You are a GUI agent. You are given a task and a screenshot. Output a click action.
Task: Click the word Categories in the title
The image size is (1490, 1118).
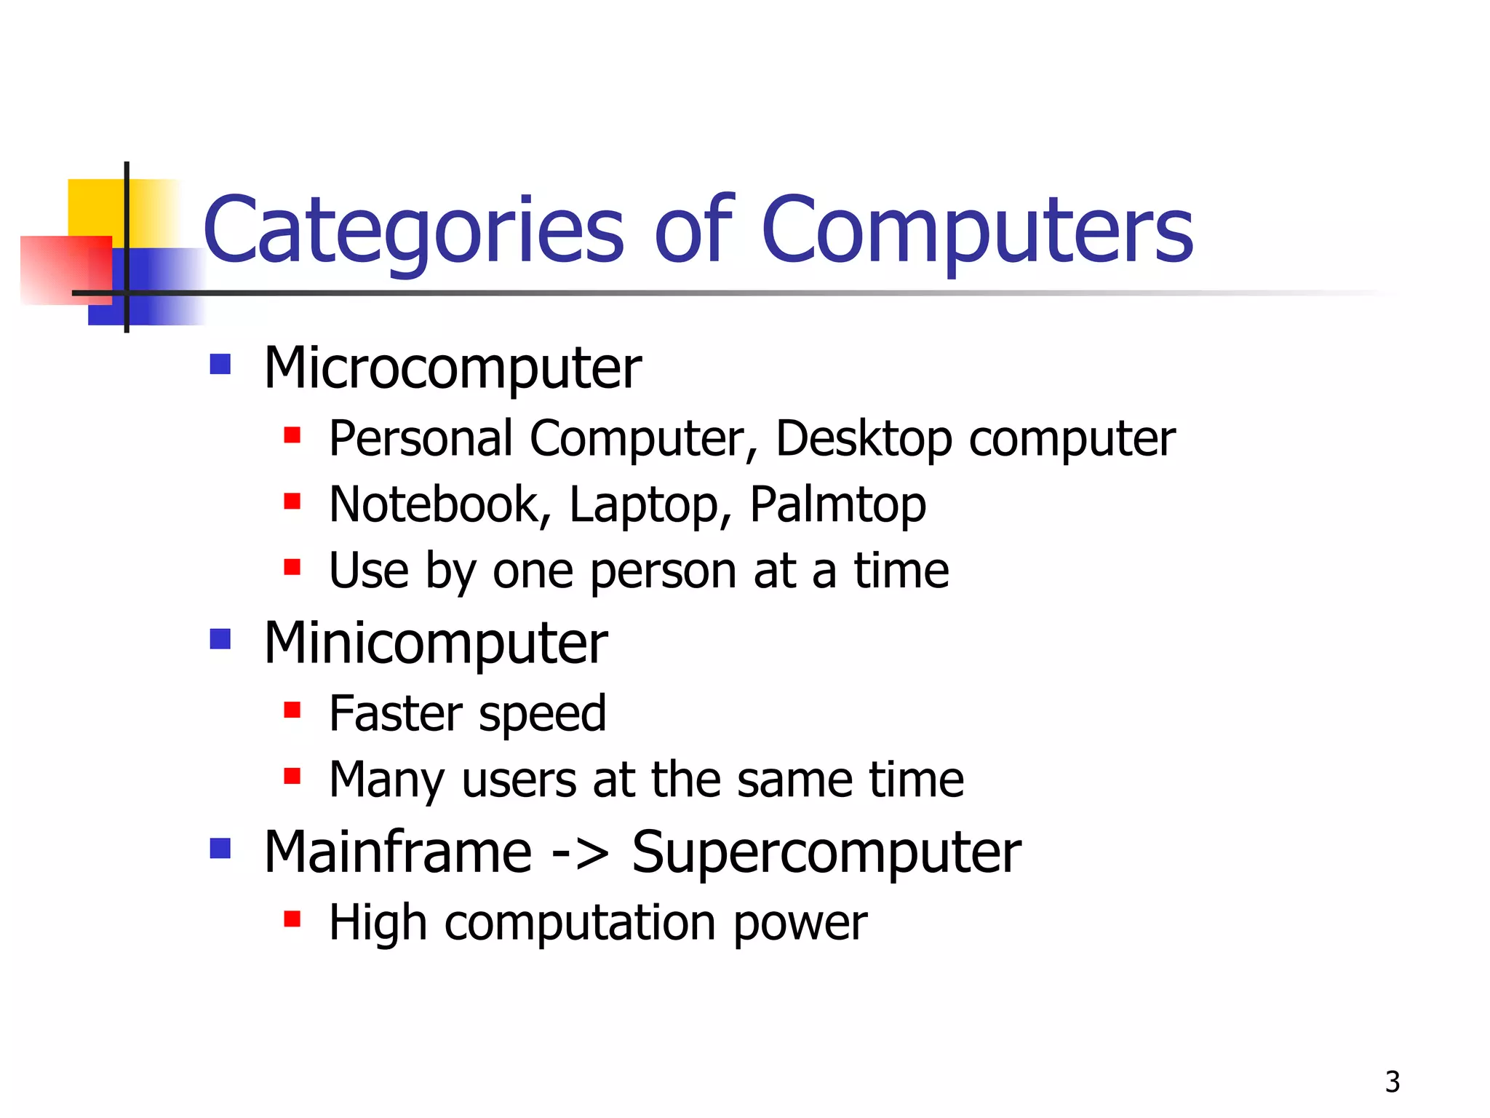click(x=413, y=231)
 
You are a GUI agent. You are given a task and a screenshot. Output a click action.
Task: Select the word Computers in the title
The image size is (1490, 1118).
click(x=976, y=231)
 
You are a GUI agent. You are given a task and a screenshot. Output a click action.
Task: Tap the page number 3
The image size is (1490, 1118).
click(x=1392, y=1082)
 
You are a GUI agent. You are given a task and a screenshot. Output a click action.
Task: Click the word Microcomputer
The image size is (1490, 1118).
click(x=453, y=368)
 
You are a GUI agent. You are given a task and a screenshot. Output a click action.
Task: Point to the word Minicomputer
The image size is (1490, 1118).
click(x=435, y=644)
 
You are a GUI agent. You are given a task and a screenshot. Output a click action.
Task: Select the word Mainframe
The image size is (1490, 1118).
click(x=397, y=852)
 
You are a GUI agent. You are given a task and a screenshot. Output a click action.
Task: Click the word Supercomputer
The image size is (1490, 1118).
click(x=826, y=854)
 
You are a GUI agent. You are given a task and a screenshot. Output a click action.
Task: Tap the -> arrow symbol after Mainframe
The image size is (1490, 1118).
click(x=580, y=854)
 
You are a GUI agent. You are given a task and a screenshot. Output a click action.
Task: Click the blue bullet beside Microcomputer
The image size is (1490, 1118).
click(x=220, y=364)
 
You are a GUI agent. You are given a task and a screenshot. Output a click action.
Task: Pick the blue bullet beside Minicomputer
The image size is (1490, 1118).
click(x=220, y=639)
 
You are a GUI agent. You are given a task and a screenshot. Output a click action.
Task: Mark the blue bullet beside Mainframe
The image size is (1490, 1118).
click(x=220, y=848)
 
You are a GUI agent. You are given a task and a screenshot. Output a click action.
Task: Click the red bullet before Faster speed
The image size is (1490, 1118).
click(x=292, y=710)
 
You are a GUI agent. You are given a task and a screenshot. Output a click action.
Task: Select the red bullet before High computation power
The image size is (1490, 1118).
click(x=292, y=919)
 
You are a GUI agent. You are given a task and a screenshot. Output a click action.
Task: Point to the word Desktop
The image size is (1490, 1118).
click(x=864, y=440)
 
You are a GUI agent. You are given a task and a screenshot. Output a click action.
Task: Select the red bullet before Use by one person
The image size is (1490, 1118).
click(x=292, y=566)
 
